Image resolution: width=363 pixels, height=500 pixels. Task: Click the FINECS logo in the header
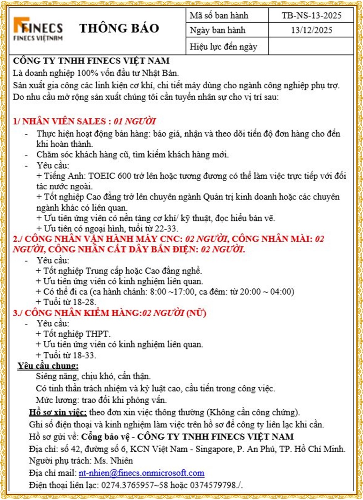(x=38, y=29)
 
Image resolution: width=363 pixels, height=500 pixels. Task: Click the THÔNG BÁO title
(x=119, y=28)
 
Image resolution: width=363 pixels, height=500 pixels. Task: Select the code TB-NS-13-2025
(x=311, y=15)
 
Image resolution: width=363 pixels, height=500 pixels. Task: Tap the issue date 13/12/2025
(x=311, y=30)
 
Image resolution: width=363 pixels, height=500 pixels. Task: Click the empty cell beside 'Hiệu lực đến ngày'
(x=311, y=46)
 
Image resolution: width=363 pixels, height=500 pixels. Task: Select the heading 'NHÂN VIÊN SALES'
(x=64, y=121)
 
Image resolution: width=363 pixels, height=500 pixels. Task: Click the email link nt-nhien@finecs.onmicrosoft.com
(x=141, y=473)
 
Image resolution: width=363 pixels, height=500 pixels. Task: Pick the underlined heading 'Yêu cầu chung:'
(x=48, y=366)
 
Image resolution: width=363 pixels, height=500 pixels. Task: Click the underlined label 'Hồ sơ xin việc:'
(x=58, y=412)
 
